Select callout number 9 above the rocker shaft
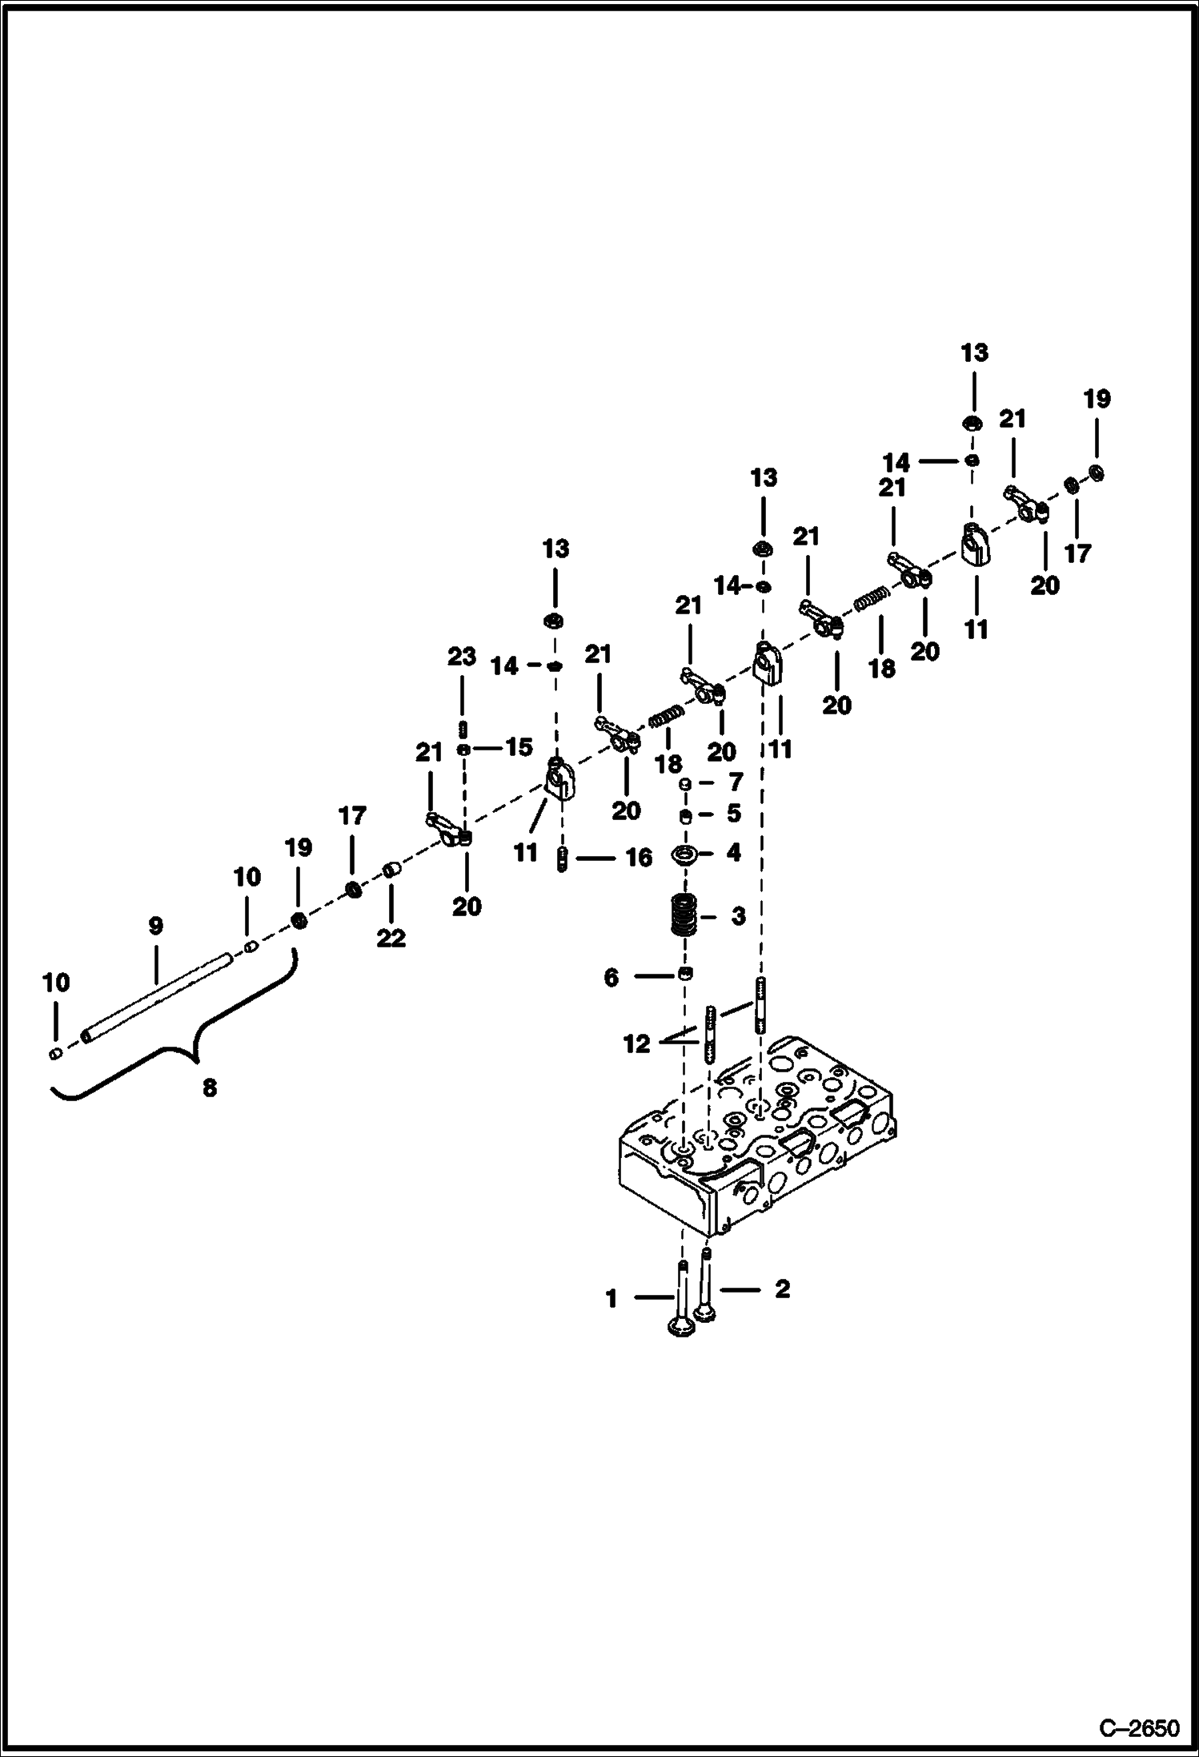tap(155, 926)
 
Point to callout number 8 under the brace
tap(209, 1088)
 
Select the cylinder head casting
tap(756, 1145)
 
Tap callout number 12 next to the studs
tap(637, 1044)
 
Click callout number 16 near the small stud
tap(639, 858)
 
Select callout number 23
tap(462, 657)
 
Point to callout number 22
tap(391, 937)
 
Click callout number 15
tap(519, 747)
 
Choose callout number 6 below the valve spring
tap(612, 977)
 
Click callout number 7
tap(733, 781)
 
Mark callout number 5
tap(733, 814)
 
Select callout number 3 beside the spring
tap(737, 915)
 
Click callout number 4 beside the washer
tap(733, 853)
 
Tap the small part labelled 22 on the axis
tap(391, 870)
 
